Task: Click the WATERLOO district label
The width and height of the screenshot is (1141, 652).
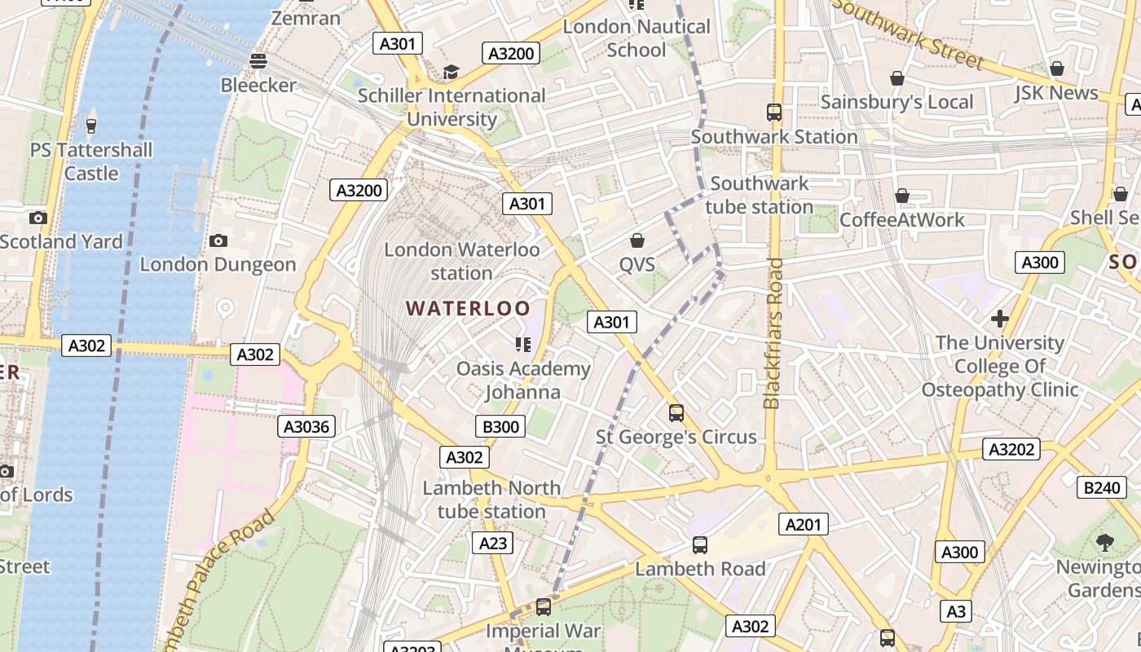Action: click(468, 309)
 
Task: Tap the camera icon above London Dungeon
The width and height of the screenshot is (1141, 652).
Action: click(218, 240)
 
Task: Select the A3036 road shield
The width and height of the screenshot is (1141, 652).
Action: click(306, 426)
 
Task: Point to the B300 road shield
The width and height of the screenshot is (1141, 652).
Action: click(500, 426)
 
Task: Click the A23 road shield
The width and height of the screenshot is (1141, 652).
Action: click(492, 543)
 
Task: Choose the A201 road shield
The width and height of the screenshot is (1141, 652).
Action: click(803, 524)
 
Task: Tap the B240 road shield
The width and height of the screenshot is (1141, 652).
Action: click(1102, 487)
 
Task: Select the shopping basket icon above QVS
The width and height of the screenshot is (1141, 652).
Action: click(637, 240)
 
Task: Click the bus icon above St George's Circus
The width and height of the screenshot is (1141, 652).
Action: click(676, 412)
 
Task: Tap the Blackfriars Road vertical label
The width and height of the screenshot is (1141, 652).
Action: click(773, 333)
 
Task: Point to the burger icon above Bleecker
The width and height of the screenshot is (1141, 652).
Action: click(258, 60)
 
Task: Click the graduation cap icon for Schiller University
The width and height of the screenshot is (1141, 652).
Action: click(451, 72)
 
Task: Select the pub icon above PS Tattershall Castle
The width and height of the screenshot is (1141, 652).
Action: click(90, 126)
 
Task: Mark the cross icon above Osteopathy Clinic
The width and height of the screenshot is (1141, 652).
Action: click(1000, 318)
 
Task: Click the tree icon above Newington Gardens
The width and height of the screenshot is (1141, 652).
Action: click(1105, 542)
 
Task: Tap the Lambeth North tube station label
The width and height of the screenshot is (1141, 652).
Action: click(491, 500)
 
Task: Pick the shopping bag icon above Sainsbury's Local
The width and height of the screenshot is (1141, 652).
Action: click(896, 78)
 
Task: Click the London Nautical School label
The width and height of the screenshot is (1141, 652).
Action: click(637, 38)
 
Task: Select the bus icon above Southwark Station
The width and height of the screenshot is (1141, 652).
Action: click(773, 112)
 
